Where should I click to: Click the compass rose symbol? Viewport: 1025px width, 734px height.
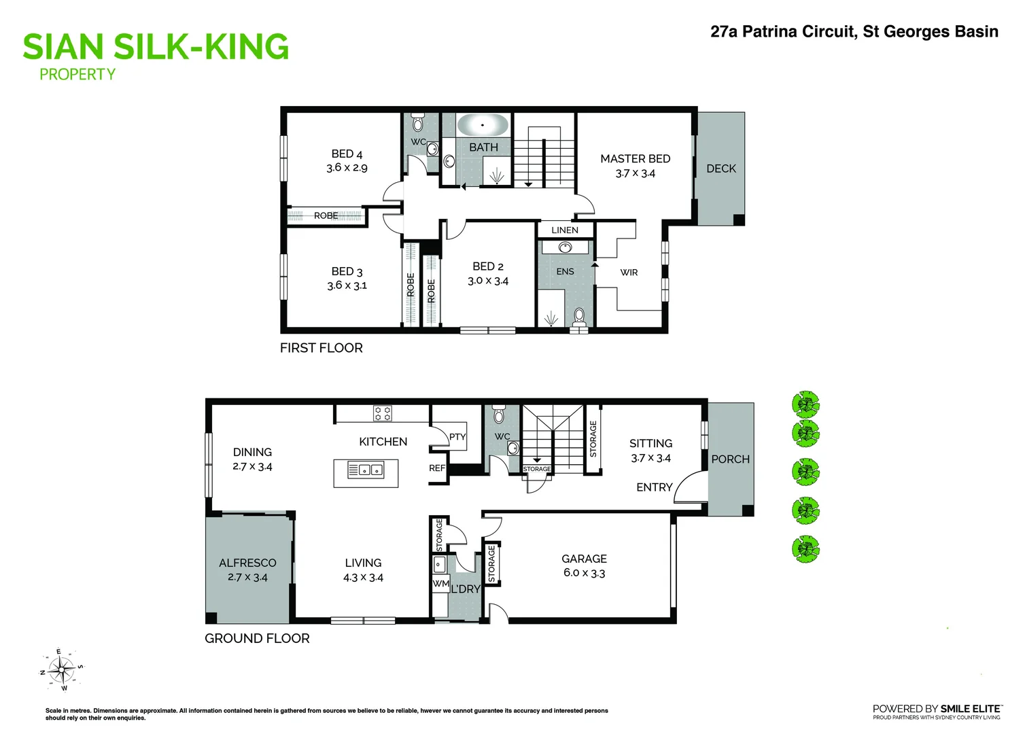tap(62, 671)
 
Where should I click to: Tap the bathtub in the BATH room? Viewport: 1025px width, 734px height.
tap(482, 126)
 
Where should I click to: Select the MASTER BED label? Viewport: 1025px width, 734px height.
tap(635, 158)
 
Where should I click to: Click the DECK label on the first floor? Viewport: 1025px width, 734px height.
tap(720, 169)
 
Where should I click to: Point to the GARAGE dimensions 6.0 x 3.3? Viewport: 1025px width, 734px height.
tap(584, 573)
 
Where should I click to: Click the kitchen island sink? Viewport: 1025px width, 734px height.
tap(366, 470)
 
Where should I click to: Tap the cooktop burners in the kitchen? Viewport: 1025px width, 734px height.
tap(382, 413)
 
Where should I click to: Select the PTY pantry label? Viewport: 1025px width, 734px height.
tap(457, 437)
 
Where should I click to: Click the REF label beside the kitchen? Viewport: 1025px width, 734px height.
tap(437, 468)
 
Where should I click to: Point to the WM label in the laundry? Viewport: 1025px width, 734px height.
tap(440, 584)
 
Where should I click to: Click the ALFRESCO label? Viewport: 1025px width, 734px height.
tap(247, 563)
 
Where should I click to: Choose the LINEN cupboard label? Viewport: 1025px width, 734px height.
tap(564, 230)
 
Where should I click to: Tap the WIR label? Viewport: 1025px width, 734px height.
tap(629, 273)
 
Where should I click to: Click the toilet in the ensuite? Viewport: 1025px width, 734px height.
tap(579, 317)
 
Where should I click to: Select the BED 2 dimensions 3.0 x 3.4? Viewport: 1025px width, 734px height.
tap(487, 281)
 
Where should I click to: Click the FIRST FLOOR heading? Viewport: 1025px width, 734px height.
tap(321, 348)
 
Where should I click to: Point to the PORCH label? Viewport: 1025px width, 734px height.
tap(730, 459)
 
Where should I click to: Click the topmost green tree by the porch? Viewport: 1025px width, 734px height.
tap(806, 404)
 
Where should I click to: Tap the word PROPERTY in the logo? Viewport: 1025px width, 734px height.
tap(77, 75)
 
